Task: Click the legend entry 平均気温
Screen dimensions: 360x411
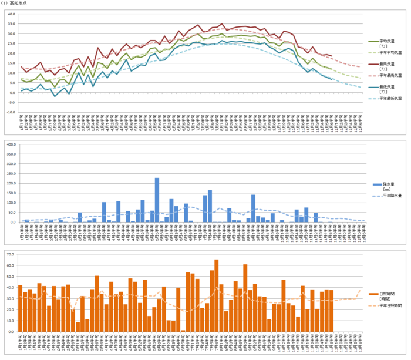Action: [x=387, y=41]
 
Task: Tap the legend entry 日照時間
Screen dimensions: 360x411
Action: [x=388, y=293]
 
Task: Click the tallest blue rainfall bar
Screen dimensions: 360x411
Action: [x=157, y=200]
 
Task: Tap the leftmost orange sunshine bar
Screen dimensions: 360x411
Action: [x=20, y=309]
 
